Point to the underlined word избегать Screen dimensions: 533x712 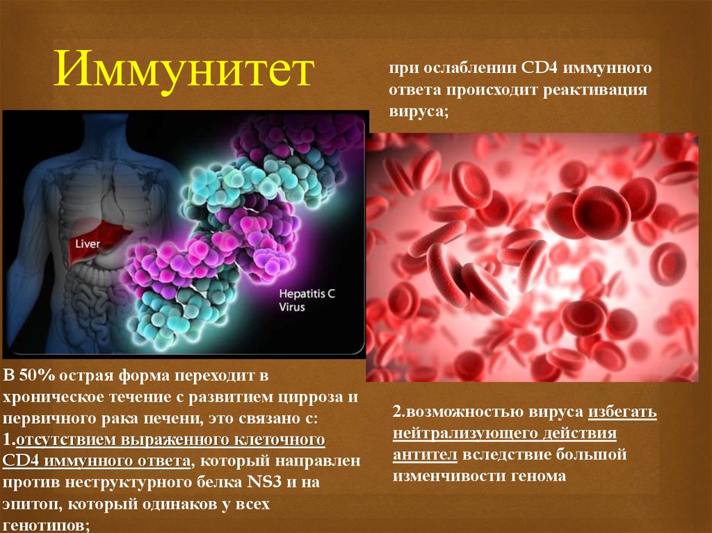point(623,412)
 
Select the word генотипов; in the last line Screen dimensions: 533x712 point(47,525)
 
